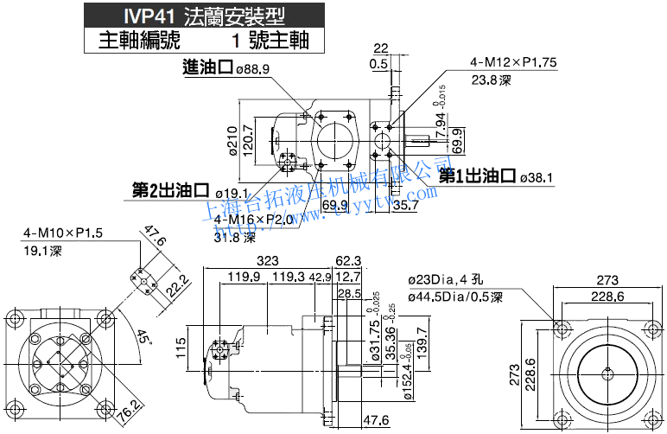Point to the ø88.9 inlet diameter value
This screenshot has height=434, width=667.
point(253,69)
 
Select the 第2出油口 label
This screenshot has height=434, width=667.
point(171,190)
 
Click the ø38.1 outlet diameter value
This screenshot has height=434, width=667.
point(537,178)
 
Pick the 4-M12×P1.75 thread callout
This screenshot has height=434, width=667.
point(513,63)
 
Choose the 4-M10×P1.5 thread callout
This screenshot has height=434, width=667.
point(63,233)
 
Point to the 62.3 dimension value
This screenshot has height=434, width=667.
point(348,260)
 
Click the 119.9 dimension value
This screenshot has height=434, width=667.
point(245,278)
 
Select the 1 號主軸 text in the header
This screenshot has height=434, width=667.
point(270,40)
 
